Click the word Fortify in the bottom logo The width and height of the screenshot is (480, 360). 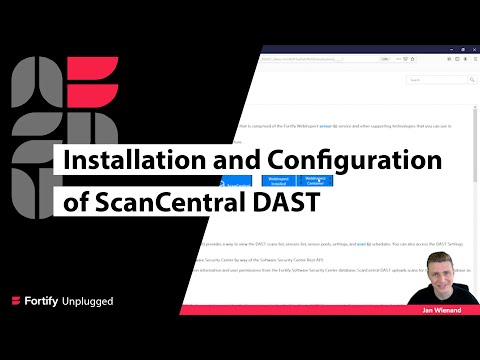tap(47, 301)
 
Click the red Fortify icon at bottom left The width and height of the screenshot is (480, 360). tap(17, 301)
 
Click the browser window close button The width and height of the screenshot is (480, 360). tap(474, 47)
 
